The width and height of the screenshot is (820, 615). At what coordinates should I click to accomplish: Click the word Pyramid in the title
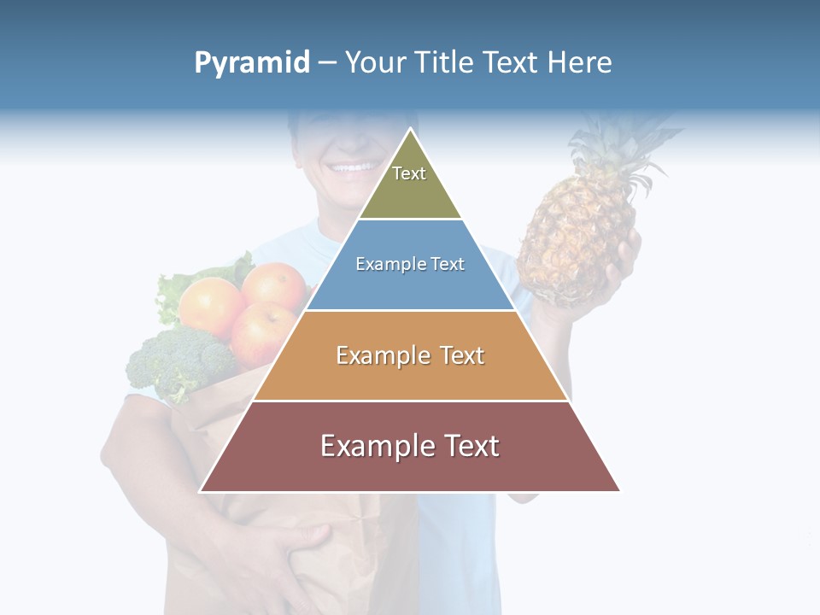point(252,63)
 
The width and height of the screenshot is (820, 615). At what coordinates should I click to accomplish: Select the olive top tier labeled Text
point(410,184)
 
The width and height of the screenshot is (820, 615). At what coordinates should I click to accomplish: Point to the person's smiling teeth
point(352,167)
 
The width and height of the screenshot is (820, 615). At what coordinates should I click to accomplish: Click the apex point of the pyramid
point(410,131)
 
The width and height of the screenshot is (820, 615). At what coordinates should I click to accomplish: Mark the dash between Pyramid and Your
point(328,63)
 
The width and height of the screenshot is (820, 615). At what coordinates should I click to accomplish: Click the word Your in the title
point(375,62)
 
